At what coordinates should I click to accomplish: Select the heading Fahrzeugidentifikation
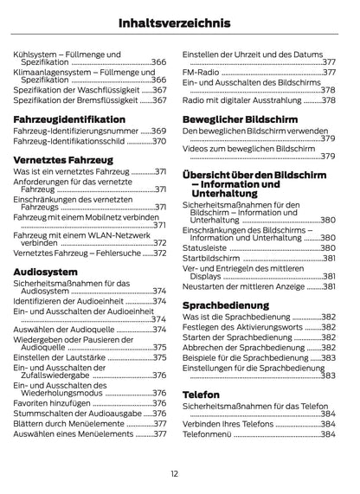(69, 119)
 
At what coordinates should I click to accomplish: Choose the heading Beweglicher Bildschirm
(238, 118)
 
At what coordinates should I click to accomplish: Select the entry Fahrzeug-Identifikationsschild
(70, 141)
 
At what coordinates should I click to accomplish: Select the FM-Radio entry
(202, 73)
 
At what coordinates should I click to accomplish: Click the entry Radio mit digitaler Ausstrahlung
(242, 100)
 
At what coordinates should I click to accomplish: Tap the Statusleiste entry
(204, 247)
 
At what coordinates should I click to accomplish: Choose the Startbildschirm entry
(211, 258)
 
